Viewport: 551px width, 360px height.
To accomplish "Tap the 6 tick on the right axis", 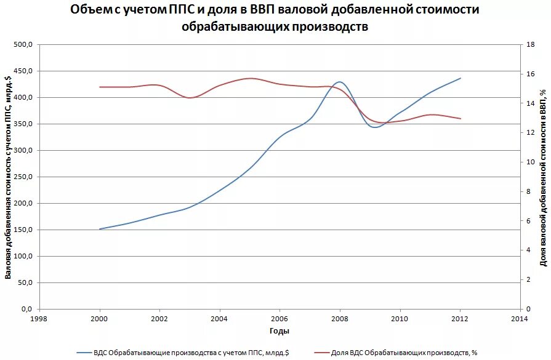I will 528,221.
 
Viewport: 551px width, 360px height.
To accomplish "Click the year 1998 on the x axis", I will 39,319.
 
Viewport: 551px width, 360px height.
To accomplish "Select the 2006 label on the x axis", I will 280,319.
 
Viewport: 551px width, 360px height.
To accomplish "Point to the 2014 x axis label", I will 520,319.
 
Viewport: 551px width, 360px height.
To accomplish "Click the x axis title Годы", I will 279,331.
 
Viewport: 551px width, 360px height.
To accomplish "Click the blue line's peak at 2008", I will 339,82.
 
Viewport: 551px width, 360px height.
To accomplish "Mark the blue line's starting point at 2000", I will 100,229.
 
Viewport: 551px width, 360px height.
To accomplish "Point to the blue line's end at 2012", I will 460,78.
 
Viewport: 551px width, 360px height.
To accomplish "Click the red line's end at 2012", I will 460,118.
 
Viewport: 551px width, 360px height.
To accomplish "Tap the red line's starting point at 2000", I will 100,87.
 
